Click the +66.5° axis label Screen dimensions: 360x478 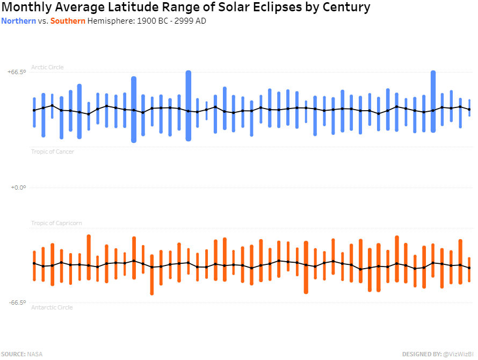click(17, 71)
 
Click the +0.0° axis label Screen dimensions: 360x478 click(18, 188)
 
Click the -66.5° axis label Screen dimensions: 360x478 click(17, 303)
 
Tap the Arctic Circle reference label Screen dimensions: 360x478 click(47, 67)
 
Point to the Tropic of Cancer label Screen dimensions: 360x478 click(53, 152)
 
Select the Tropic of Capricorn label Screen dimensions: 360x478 click(56, 223)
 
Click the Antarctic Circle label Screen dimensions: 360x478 click(52, 307)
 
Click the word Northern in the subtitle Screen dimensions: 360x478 click(19, 21)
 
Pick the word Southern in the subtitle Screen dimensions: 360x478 click(68, 21)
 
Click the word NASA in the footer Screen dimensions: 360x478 click(35, 354)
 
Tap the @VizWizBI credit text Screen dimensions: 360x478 click(458, 354)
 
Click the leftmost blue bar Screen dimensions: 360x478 click(34, 112)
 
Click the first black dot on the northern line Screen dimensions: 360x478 click(34, 110)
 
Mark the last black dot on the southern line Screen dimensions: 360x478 click(469, 268)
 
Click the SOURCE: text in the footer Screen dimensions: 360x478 click(13, 354)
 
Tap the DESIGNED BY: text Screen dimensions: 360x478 click(421, 354)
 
